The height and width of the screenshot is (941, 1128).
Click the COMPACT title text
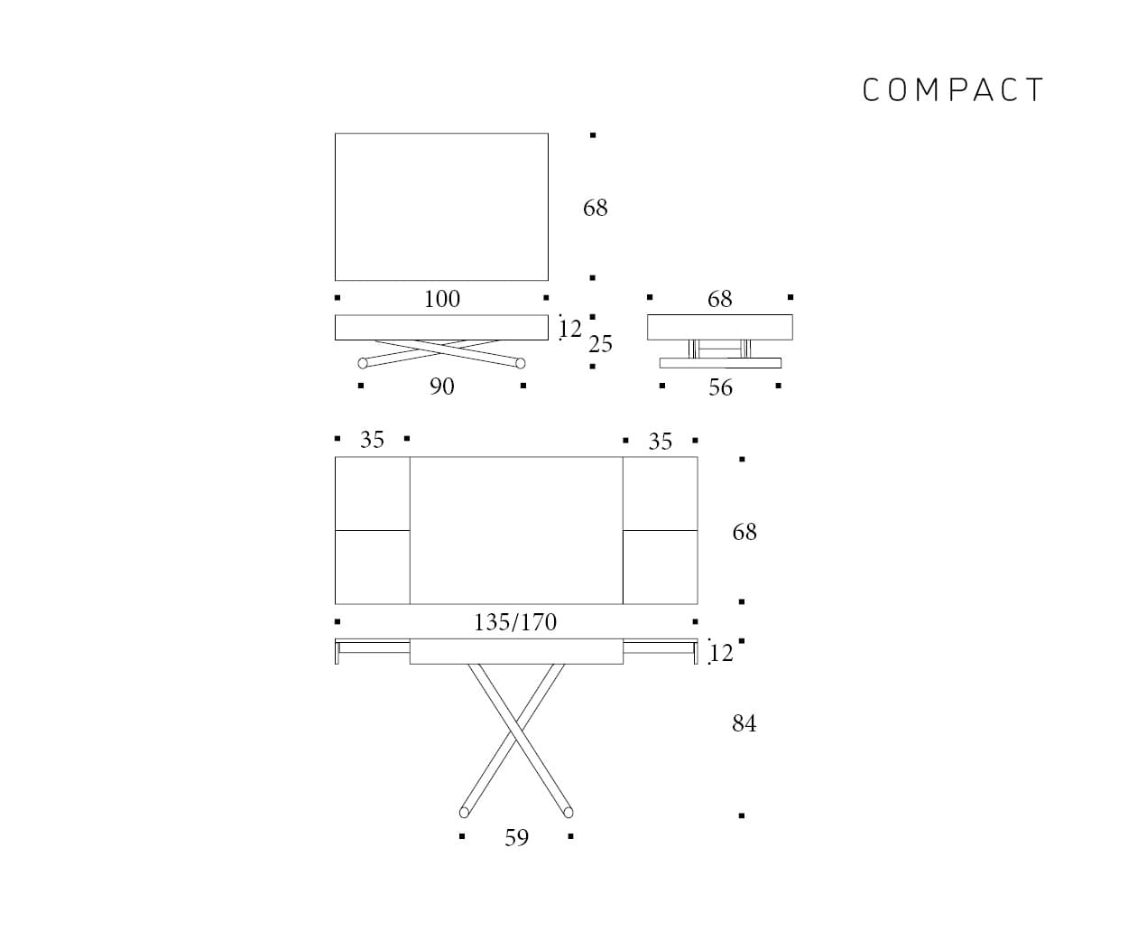click(x=953, y=90)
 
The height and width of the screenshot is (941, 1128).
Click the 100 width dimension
click(x=442, y=299)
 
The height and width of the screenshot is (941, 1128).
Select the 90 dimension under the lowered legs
click(x=442, y=387)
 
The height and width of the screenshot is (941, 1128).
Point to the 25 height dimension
click(x=600, y=344)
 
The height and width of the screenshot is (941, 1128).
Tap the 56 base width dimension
click(x=720, y=387)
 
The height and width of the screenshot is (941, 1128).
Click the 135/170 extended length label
click(x=515, y=622)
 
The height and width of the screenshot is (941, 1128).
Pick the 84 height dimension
click(x=744, y=723)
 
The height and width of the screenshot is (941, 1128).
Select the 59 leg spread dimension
click(x=516, y=838)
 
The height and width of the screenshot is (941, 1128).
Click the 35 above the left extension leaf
click(x=372, y=440)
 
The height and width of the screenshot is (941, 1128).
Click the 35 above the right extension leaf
click(x=660, y=442)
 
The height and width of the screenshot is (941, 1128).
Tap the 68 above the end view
click(x=719, y=299)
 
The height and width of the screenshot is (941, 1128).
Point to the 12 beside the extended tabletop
click(x=721, y=652)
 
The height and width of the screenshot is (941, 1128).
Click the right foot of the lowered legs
click(x=521, y=363)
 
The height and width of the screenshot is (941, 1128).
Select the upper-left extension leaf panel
click(x=372, y=493)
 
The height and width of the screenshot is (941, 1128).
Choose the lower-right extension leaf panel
click(x=660, y=567)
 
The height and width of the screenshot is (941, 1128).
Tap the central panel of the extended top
click(x=515, y=530)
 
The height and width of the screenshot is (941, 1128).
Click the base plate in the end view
click(x=719, y=363)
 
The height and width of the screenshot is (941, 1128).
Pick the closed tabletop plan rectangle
click(x=441, y=207)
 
